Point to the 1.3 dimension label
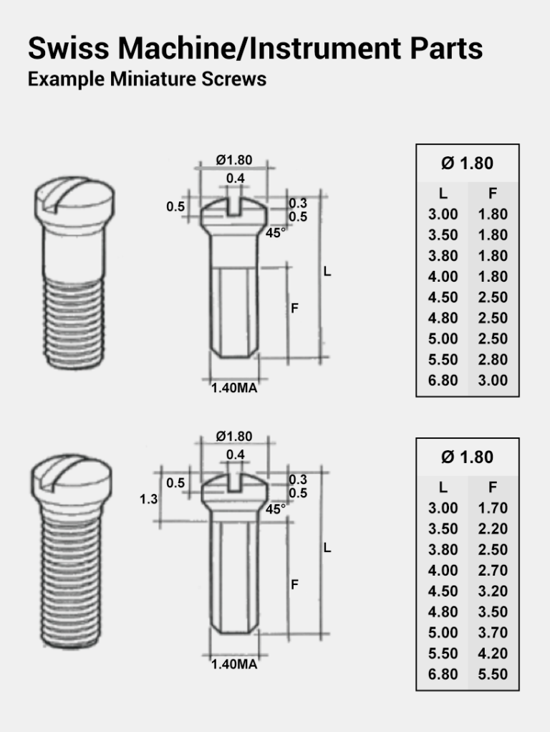[148, 500]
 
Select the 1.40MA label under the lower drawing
[234, 664]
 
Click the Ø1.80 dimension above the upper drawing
[234, 161]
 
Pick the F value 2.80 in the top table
[493, 360]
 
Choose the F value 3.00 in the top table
[493, 381]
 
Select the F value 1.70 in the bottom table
[493, 508]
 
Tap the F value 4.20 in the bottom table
[493, 654]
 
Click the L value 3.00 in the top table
[443, 214]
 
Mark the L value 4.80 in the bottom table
[443, 612]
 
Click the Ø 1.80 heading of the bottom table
[467, 457]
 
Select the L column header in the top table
[443, 194]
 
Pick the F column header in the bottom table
[493, 488]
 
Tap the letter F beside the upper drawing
[294, 308]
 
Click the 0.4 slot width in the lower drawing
[235, 455]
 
